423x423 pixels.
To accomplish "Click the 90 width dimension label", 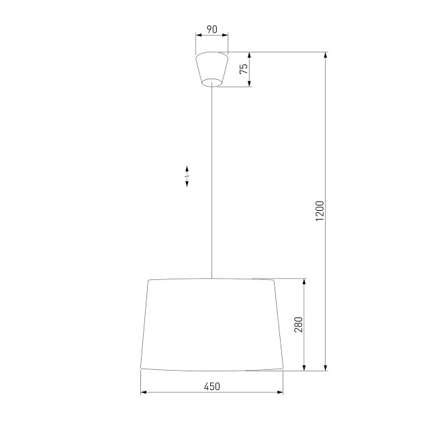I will [211, 30].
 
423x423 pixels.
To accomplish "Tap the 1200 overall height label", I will [320, 211].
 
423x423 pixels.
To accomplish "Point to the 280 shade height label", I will [299, 324].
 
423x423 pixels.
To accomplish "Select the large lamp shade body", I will [211, 324].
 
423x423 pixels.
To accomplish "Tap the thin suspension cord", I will [211, 181].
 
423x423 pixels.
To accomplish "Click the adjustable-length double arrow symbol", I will [187, 177].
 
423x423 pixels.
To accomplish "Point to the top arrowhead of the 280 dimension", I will [305, 281].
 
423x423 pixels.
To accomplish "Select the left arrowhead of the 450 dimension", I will [143, 393].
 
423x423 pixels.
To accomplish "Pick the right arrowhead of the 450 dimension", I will [281, 393].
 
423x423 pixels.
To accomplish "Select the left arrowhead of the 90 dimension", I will [197, 36].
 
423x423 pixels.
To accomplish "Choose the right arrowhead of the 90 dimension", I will [226, 36].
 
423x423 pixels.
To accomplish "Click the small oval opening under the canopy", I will [211, 83].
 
